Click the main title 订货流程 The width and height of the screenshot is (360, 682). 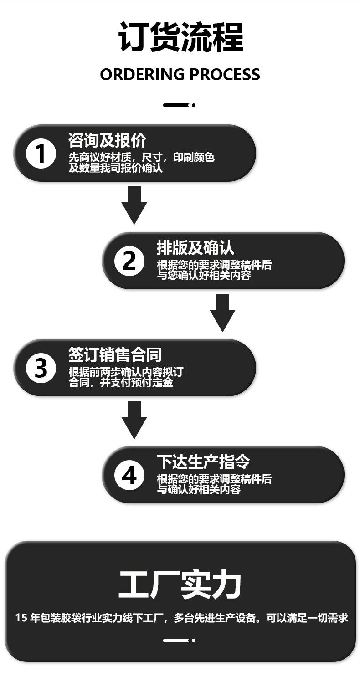180,37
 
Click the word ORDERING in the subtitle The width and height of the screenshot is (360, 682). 142,75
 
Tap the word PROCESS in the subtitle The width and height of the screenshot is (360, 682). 224,75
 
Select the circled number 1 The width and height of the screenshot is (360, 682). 41,153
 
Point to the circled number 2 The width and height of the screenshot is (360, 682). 129,261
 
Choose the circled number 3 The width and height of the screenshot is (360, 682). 41,368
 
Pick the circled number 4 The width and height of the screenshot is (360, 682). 129,475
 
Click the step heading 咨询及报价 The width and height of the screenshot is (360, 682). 107,140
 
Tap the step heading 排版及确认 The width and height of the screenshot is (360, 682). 195,247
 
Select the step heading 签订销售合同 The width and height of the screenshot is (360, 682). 115,355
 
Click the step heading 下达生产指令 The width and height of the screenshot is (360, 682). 203,462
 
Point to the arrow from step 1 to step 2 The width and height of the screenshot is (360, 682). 134,205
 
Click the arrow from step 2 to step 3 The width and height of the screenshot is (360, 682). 222,313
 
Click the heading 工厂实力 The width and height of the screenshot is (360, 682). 180,585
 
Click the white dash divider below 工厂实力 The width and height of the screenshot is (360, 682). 179,641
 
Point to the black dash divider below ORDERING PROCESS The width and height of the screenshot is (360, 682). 179,105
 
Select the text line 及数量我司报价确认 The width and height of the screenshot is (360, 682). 115,168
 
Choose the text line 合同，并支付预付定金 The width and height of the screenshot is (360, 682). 121,383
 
